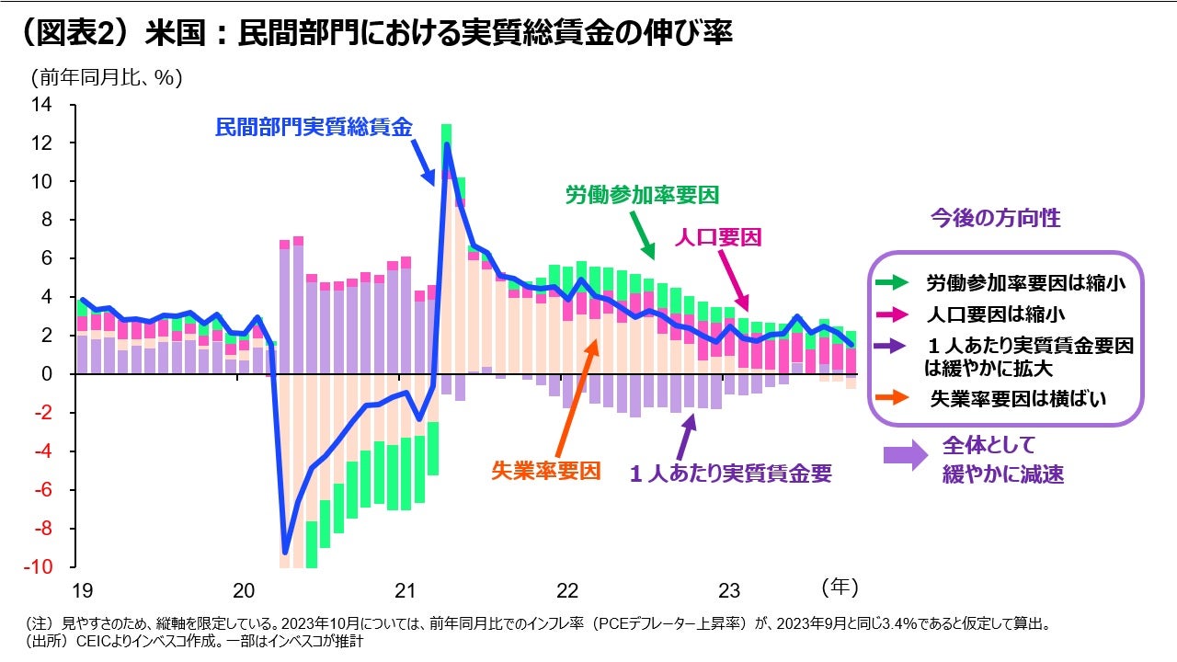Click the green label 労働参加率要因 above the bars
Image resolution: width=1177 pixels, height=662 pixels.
[x=640, y=195]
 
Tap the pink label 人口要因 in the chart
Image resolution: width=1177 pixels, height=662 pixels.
[x=718, y=238]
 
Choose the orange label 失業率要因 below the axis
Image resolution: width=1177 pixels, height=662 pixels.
[x=546, y=471]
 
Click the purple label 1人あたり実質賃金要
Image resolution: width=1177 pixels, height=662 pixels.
[x=731, y=474]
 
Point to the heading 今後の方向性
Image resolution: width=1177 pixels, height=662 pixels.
[x=995, y=218]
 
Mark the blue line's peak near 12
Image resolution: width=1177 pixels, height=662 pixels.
[x=447, y=144]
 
